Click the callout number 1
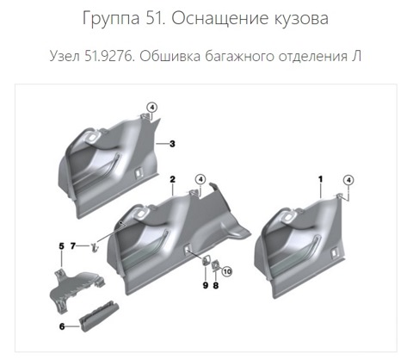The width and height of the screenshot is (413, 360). pyautogui.click(x=321, y=179)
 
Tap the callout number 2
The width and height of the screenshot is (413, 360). pyautogui.click(x=172, y=179)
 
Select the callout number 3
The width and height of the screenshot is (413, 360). pyautogui.click(x=172, y=144)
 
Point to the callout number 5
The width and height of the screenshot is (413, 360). pyautogui.click(x=61, y=246)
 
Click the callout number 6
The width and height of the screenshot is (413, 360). pyautogui.click(x=62, y=326)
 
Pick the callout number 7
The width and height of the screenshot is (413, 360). pyautogui.click(x=73, y=246)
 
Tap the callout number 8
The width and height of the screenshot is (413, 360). pyautogui.click(x=216, y=285)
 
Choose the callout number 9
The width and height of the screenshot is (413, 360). pyautogui.click(x=206, y=285)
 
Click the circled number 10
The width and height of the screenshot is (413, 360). pyautogui.click(x=227, y=271)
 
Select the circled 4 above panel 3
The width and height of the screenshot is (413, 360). pyautogui.click(x=152, y=108)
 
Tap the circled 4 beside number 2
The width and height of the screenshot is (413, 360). pyautogui.click(x=200, y=180)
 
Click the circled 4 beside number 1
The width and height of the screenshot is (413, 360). pyautogui.click(x=348, y=180)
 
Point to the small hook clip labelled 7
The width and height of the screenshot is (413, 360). pyautogui.click(x=94, y=247)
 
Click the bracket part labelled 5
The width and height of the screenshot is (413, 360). pyautogui.click(x=77, y=289)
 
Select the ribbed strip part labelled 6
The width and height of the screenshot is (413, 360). pyautogui.click(x=99, y=316)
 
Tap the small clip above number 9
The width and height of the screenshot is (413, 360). pyautogui.click(x=206, y=260)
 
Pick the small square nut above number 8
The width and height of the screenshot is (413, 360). pyautogui.click(x=215, y=265)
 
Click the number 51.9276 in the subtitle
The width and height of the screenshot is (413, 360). pyautogui.click(x=109, y=56)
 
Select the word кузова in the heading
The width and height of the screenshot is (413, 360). pyautogui.click(x=302, y=19)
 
